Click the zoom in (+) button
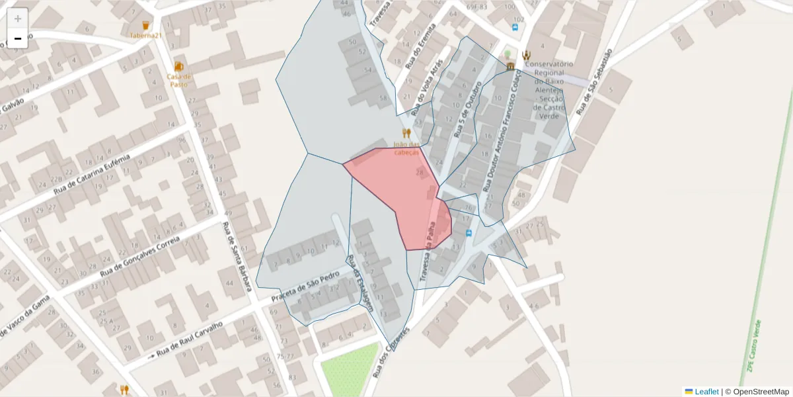click(18, 19)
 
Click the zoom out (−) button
click(18, 38)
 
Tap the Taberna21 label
click(145, 35)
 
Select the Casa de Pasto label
click(178, 80)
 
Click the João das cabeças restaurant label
click(406, 148)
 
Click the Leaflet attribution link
click(706, 392)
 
